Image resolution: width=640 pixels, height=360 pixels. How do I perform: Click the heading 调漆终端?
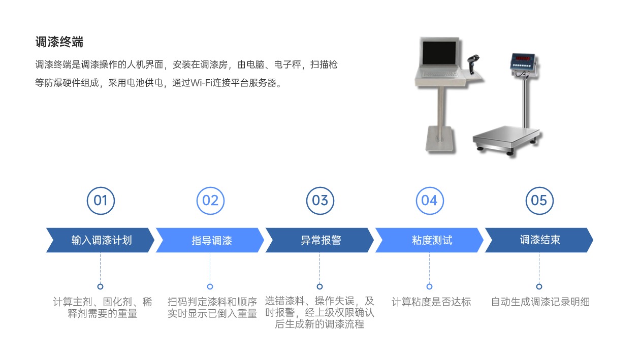pos(59,42)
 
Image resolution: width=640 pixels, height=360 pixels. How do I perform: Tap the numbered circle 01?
pos(101,201)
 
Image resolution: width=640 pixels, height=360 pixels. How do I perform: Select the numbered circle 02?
pos(210,201)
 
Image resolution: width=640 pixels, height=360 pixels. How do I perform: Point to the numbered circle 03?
pos(320,201)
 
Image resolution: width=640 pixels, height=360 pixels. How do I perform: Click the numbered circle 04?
pos(430,201)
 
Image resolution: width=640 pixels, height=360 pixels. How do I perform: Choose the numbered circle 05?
pos(539,201)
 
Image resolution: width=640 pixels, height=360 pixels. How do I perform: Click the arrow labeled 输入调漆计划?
pos(101,240)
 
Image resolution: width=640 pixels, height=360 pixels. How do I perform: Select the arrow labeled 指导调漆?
pos(211,240)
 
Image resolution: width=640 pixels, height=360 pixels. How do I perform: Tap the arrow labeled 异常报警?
pos(321,240)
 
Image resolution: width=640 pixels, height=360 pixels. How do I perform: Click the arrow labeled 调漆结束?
pos(539,240)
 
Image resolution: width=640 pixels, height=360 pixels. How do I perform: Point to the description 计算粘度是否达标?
pos(431,302)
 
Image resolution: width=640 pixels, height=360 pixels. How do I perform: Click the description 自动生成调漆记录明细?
pos(540,302)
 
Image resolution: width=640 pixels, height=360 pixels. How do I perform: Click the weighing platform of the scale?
pos(506,136)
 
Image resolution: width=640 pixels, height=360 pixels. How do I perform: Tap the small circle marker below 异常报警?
pos(320,286)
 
